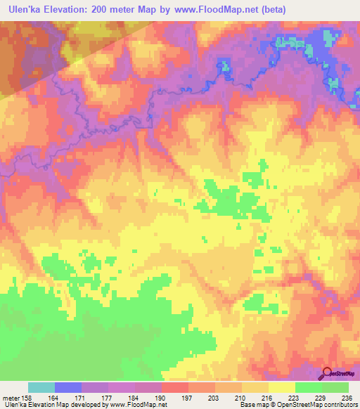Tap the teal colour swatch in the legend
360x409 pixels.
pyautogui.click(x=41, y=387)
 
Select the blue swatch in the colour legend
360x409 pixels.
pyautogui.click(x=67, y=387)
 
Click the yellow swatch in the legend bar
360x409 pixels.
pyautogui.click(x=281, y=387)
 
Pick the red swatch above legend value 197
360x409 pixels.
pyautogui.click(x=174, y=387)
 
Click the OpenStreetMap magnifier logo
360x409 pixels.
pyautogui.click(x=327, y=373)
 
